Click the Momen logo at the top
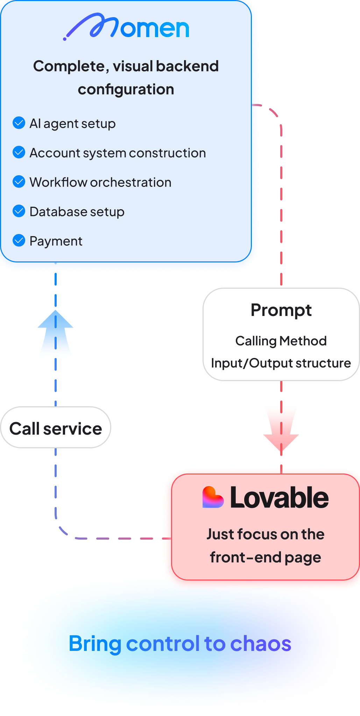126,27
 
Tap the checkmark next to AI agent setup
19,123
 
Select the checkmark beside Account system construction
19,152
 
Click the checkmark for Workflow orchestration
19,182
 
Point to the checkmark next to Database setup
19,211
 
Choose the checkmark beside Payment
19,240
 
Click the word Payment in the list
56,241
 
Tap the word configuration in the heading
126,89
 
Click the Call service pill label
56,428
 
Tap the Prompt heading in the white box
281,310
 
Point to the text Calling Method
281,341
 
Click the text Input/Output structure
281,363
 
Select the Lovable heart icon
212,497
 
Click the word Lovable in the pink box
279,498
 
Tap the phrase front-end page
265,557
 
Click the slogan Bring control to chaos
180,643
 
